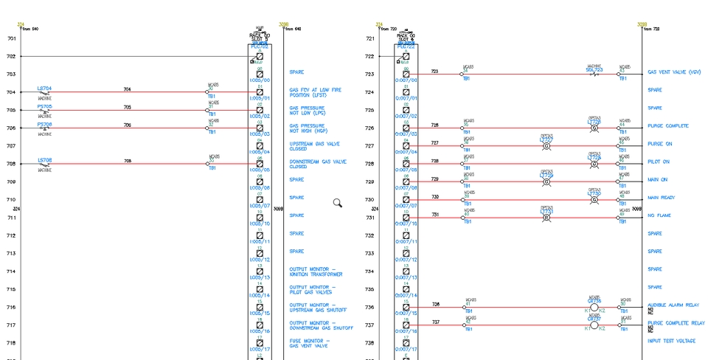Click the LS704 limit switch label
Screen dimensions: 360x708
tap(45, 89)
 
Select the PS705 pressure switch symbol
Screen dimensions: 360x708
tap(45, 111)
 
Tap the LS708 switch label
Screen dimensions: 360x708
tap(45, 160)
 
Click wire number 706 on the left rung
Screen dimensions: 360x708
tap(128, 125)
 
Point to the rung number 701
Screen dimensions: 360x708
tap(11, 38)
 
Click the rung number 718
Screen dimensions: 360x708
tap(11, 343)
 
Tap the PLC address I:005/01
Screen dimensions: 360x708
tap(260, 98)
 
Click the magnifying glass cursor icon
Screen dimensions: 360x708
tap(337, 203)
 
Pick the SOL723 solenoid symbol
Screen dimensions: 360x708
tap(594, 75)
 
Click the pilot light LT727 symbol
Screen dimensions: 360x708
tap(546, 146)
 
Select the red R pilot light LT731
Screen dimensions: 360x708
tap(546, 218)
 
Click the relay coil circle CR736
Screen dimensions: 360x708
tap(594, 307)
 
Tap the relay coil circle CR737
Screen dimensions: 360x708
tap(594, 325)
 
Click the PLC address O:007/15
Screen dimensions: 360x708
tap(406, 314)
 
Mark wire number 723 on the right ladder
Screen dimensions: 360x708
tap(434, 72)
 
